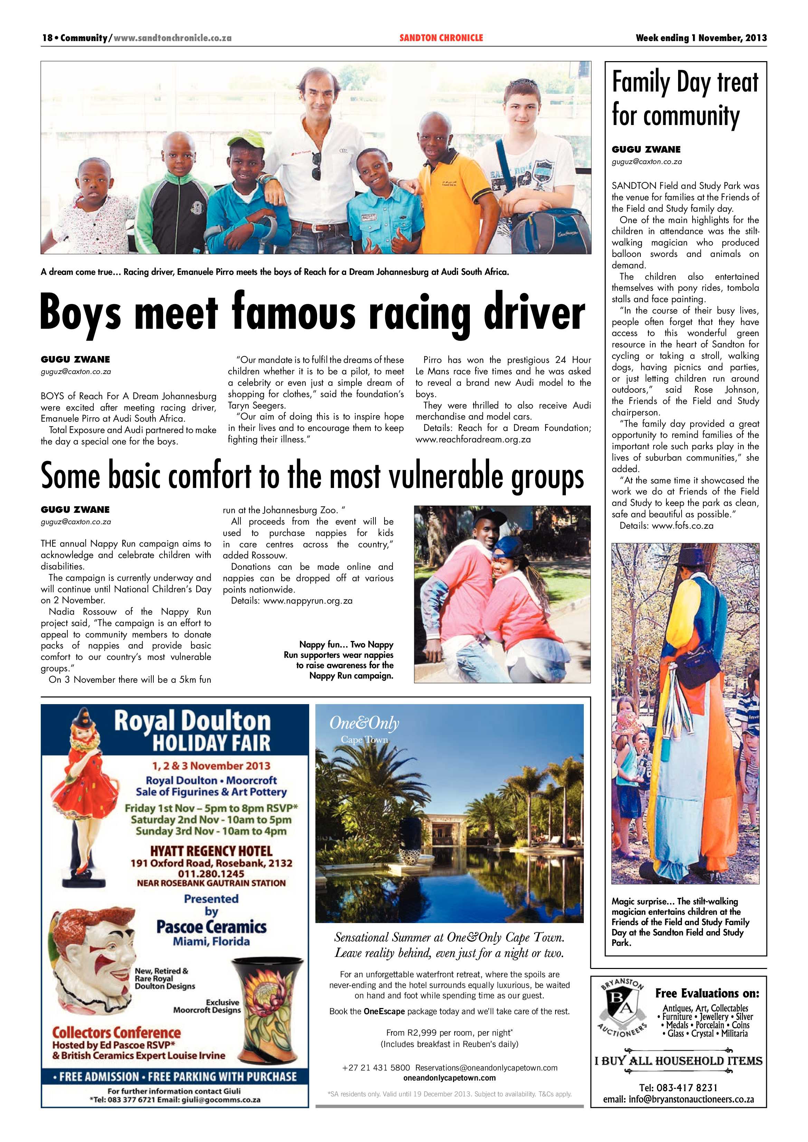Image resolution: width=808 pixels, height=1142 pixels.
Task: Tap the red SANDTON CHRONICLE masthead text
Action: click(x=441, y=38)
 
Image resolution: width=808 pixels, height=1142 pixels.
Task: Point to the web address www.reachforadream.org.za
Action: click(x=473, y=440)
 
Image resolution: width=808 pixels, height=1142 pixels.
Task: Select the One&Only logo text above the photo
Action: click(x=364, y=724)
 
